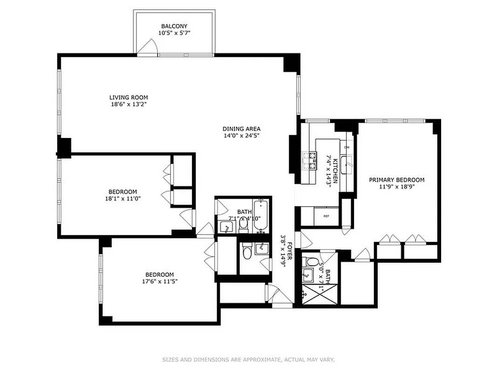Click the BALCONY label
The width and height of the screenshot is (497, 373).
(174, 26)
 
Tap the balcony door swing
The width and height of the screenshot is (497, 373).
(149, 47)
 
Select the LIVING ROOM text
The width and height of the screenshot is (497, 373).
(129, 97)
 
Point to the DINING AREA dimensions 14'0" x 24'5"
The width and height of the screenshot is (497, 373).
(241, 136)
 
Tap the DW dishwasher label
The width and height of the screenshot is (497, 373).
(347, 147)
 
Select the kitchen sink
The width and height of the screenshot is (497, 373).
(347, 164)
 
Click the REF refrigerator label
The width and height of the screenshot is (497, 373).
(326, 216)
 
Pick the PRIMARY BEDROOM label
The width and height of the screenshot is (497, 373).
(396, 180)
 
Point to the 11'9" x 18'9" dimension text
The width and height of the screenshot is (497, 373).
(396, 187)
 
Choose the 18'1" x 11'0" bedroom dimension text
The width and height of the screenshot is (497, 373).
(123, 199)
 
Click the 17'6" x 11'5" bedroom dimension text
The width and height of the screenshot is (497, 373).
(159, 281)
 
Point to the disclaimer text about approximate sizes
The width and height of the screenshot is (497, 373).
(248, 359)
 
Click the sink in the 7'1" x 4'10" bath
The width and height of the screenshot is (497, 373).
(227, 227)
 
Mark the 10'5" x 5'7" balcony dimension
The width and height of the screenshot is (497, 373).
(174, 33)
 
